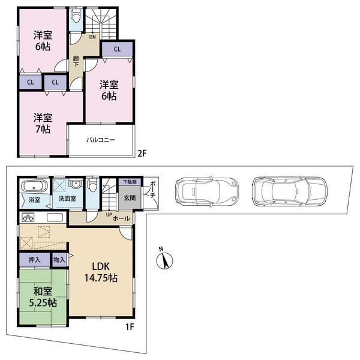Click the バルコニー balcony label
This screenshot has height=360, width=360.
[x=100, y=140]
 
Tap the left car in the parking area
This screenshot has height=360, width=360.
[x=203, y=190]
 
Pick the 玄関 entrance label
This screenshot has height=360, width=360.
[x=130, y=197]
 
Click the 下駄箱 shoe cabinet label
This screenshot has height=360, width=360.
[x=130, y=182]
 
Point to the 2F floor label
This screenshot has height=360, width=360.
[x=142, y=154]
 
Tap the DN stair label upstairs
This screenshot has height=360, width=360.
[x=93, y=37]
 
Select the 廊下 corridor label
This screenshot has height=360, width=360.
[x=76, y=61]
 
